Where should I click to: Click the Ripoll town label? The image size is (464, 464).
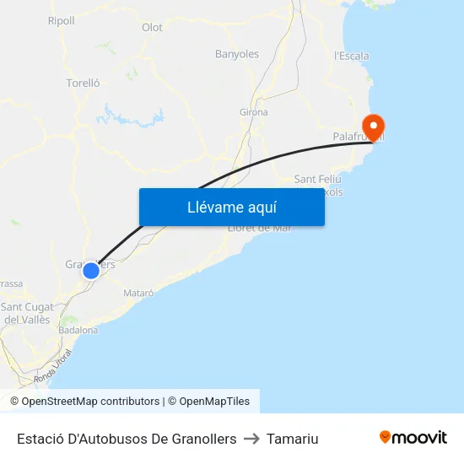61,21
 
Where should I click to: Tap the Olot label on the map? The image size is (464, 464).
153,28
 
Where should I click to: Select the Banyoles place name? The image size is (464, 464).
237,54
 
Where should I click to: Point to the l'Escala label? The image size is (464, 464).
352,57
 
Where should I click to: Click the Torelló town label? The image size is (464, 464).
83,84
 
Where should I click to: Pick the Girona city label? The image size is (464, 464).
254,112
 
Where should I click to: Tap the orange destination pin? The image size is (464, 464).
372,127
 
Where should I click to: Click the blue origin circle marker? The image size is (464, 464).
90,271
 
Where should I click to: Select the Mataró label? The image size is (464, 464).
138,293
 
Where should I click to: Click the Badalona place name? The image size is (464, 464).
78,330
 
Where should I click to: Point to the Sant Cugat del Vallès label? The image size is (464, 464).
27,313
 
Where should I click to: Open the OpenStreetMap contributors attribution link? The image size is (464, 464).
90,402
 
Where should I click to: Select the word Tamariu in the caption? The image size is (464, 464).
293,439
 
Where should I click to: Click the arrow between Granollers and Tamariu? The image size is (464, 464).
251,439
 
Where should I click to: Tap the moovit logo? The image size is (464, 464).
413,438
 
